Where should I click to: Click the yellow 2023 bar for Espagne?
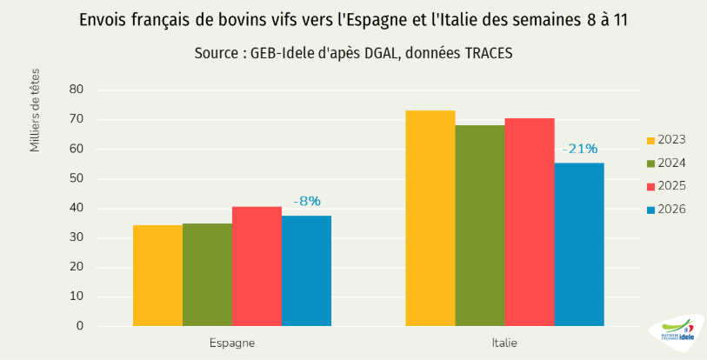tap(157, 276)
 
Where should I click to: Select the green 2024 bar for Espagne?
tap(207, 275)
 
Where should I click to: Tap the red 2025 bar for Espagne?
tap(257, 266)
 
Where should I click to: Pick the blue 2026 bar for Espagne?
tap(306, 270)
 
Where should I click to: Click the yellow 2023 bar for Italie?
tap(430, 218)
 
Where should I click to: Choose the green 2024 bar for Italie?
tap(480, 225)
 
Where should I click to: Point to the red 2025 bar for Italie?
tap(530, 222)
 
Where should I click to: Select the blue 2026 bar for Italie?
tap(579, 244)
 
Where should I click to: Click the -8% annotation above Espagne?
tap(307, 202)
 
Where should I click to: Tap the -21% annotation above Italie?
tap(580, 149)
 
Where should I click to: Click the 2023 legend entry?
tap(666, 140)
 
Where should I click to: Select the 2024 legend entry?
tap(666, 163)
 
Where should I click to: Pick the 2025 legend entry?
tap(666, 186)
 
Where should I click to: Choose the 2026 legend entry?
tap(666, 209)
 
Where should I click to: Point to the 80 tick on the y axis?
tap(76, 90)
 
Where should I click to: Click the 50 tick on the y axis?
tap(76, 179)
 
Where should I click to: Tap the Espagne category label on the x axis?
tap(232, 343)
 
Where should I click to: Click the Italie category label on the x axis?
tap(504, 343)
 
